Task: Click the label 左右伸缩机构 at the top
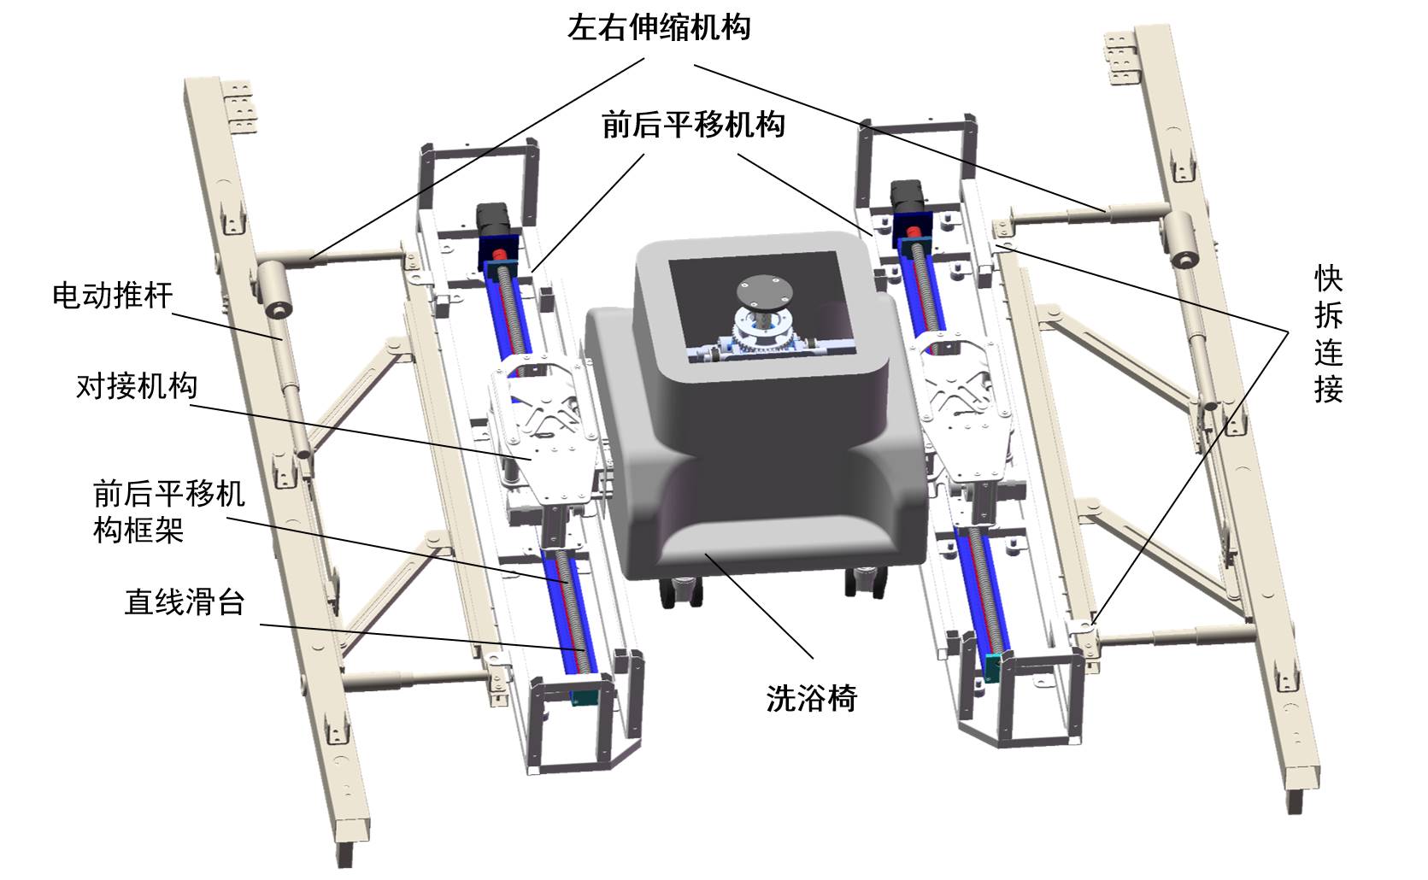point(659,27)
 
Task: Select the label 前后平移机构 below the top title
point(693,126)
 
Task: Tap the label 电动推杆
point(113,296)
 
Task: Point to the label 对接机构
point(137,386)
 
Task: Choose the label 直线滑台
point(185,602)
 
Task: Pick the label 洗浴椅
point(811,699)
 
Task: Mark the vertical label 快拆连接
point(1328,333)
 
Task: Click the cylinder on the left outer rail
point(275,289)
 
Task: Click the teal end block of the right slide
point(992,667)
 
